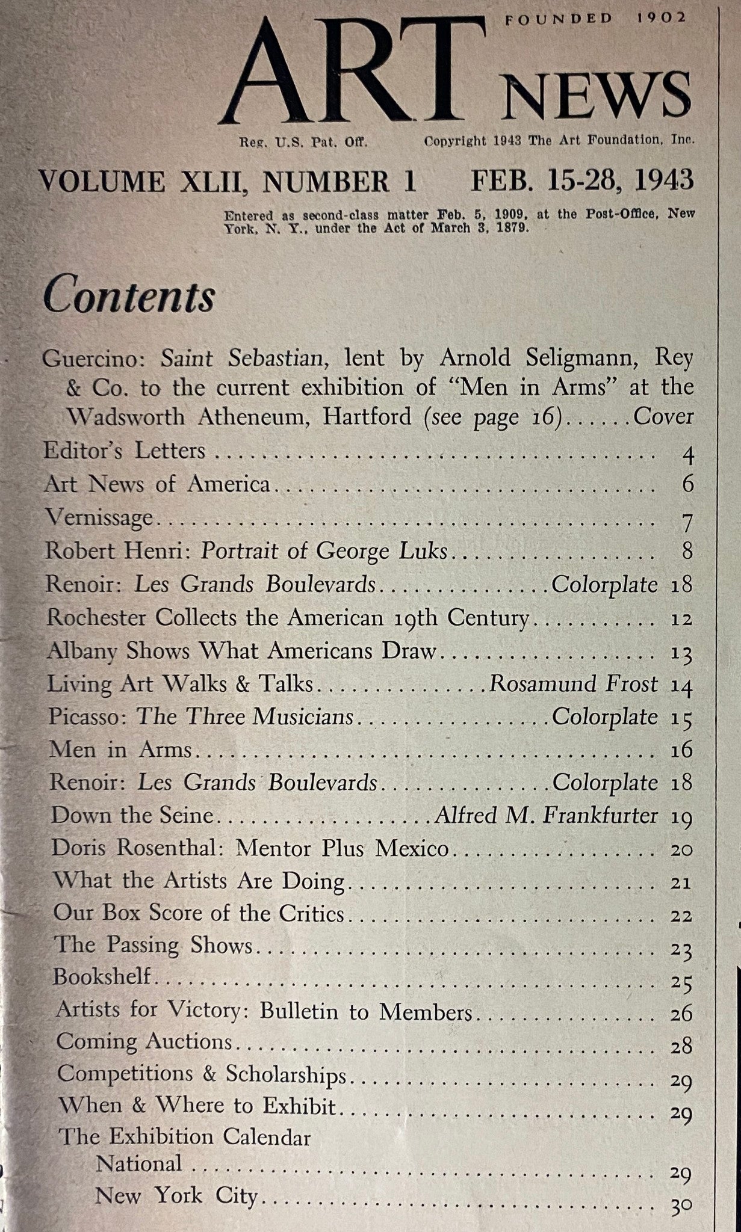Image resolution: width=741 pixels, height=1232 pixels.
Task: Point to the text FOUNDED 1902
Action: click(x=595, y=18)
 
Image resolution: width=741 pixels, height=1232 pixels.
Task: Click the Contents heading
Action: click(x=129, y=296)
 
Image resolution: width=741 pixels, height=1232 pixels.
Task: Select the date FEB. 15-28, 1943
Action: click(x=581, y=180)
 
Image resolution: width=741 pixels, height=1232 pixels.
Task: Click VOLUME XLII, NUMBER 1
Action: click(x=227, y=182)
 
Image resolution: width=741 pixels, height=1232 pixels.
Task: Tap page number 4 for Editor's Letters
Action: click(x=688, y=455)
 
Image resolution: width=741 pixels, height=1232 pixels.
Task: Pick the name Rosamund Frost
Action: click(x=573, y=684)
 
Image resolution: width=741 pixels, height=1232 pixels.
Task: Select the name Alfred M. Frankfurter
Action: click(x=546, y=815)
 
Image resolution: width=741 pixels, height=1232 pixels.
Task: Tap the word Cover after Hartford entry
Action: click(x=664, y=416)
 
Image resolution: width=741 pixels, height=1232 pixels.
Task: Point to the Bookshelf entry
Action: click(x=102, y=976)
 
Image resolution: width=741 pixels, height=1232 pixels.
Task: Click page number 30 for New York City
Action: click(x=681, y=1189)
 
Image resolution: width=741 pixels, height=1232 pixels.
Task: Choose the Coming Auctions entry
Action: click(x=144, y=1042)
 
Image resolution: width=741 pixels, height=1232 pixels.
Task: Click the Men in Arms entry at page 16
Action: click(x=120, y=750)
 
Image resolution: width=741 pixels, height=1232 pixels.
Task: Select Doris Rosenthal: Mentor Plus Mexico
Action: click(x=250, y=848)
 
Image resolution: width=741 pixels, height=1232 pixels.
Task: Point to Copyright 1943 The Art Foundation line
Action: click(x=559, y=141)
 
